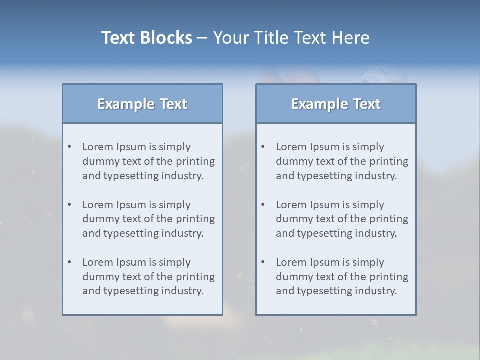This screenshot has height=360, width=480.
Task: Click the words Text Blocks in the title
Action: pyautogui.click(x=146, y=38)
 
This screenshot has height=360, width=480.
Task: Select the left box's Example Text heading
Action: pyautogui.click(x=142, y=104)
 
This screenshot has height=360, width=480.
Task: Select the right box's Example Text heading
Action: pyautogui.click(x=336, y=104)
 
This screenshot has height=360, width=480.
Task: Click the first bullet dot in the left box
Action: pyautogui.click(x=69, y=147)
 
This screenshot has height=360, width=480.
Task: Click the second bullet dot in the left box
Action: pyautogui.click(x=69, y=205)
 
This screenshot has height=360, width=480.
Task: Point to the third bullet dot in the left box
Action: pyautogui.click(x=69, y=262)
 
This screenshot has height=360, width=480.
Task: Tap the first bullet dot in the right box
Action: pyautogui.click(x=263, y=147)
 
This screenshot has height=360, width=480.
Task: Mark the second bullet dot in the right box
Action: pyautogui.click(x=263, y=205)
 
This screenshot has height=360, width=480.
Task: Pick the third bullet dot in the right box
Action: pyautogui.click(x=263, y=262)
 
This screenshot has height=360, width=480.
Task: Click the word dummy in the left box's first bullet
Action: pyautogui.click(x=99, y=162)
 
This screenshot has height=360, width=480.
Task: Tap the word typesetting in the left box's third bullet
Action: pyautogui.click(x=132, y=291)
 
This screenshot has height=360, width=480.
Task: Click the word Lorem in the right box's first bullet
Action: pyautogui.click(x=291, y=147)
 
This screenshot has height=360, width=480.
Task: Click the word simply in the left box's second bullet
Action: pyautogui.click(x=175, y=205)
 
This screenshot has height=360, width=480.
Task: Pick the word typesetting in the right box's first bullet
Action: pyautogui.click(x=325, y=176)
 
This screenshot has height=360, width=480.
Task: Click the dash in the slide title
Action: pyautogui.click(x=202, y=38)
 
